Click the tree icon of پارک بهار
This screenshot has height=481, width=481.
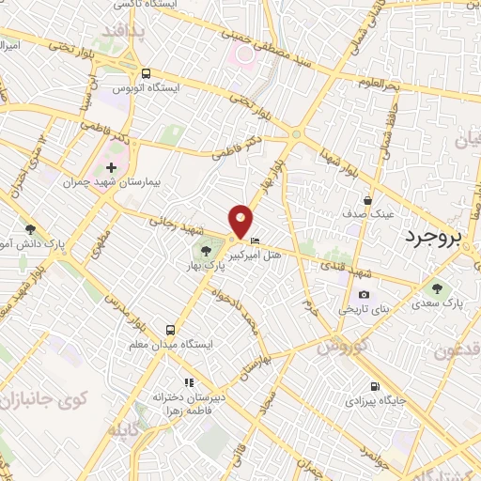coord(206,250)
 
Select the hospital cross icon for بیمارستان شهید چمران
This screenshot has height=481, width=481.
coord(112,166)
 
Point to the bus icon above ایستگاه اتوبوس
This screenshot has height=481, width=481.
coord(146,73)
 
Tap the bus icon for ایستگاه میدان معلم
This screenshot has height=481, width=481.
coord(170,330)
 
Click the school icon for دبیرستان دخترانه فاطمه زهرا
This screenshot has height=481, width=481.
coord(188,382)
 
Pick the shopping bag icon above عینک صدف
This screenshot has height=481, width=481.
coord(368,200)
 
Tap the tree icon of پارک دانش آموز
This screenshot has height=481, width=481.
coord(30,228)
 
